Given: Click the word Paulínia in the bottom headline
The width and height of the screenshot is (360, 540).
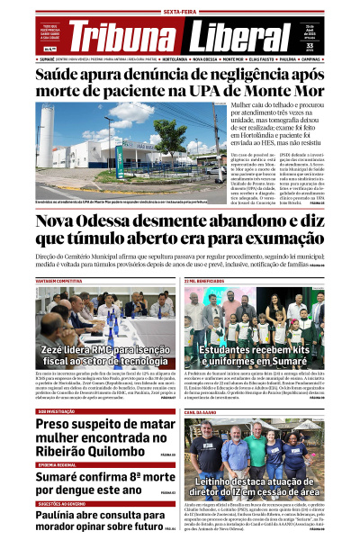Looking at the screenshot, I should click(x=61, y=517).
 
